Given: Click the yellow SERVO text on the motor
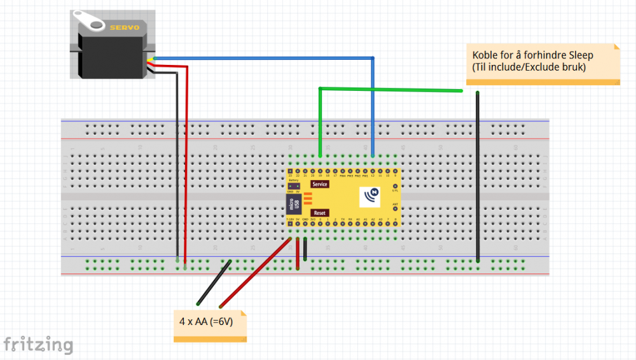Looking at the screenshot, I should tap(125, 27).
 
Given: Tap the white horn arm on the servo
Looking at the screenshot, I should tap(90, 20).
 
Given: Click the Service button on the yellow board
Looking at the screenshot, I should tap(319, 184).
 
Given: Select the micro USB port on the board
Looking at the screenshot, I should tap(293, 205).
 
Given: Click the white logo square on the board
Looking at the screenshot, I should tap(371, 197).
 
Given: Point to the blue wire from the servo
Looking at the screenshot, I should tap(267, 58).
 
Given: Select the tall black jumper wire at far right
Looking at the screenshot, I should tap(478, 178).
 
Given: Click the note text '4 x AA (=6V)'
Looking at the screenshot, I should tap(206, 322).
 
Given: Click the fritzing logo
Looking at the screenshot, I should tap(38, 344).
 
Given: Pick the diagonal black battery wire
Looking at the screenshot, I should tap(214, 282).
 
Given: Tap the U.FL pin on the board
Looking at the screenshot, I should tap(395, 186).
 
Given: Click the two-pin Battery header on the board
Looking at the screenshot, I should tap(293, 186).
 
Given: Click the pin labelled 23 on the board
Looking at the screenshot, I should tap(290, 172).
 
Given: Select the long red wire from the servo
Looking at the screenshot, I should tap(186, 165).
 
